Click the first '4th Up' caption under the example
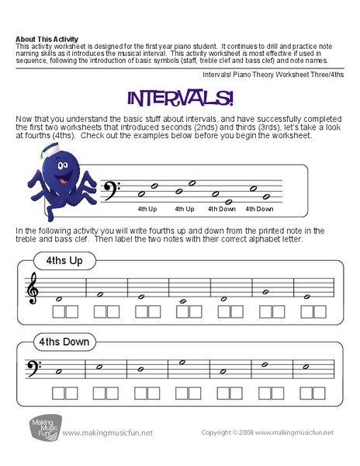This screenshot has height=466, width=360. coord(147,208)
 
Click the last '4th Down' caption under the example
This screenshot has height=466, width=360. coord(259,208)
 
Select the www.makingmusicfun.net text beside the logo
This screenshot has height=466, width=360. coord(108,433)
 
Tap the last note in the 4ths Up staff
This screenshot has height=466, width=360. coord(307,296)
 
